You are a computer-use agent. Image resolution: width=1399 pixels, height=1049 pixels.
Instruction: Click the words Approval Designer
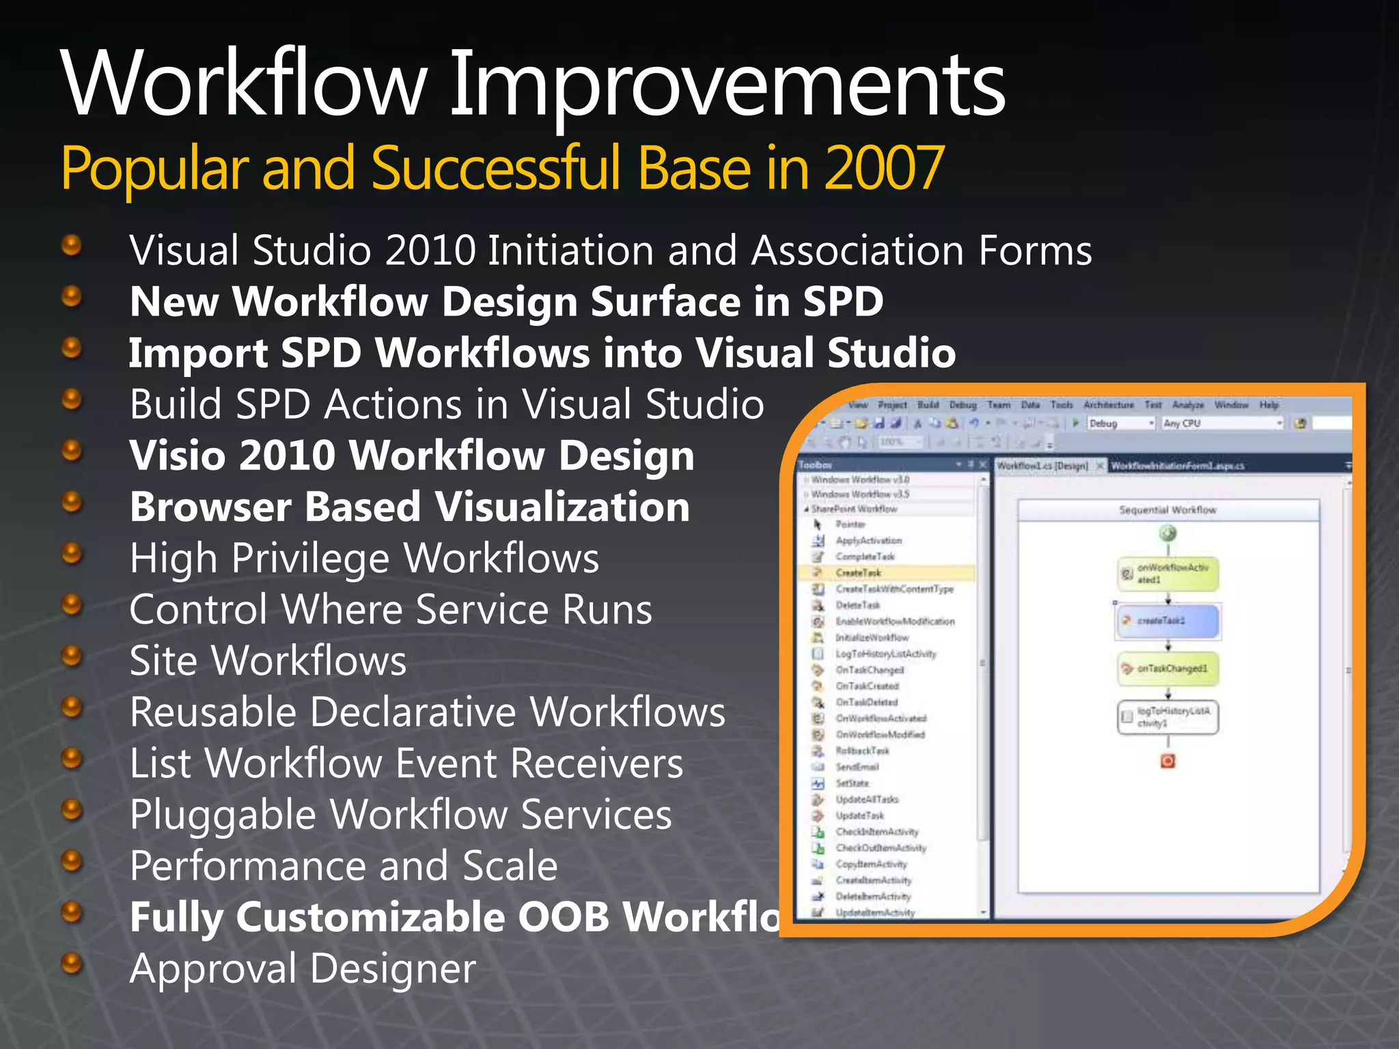coord(303,968)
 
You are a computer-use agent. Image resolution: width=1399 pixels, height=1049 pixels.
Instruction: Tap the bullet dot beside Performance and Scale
coord(72,861)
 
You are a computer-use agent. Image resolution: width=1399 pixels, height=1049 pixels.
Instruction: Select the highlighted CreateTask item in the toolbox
coord(858,573)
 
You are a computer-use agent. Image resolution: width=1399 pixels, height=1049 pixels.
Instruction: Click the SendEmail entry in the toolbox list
coord(857,767)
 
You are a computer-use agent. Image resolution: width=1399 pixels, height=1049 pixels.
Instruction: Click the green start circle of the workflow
coord(1167,533)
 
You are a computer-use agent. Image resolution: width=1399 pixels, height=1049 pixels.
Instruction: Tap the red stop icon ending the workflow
coord(1167,761)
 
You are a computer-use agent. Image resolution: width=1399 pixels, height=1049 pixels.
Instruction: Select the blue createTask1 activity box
coord(1167,621)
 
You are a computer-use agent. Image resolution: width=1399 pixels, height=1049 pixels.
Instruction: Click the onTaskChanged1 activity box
coord(1167,669)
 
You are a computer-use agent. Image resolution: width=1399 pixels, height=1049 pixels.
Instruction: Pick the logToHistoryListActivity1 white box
coord(1167,717)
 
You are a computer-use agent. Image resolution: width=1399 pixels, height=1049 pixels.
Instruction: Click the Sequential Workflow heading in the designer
coord(1167,510)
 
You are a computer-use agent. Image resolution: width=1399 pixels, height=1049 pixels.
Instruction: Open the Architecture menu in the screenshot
coord(1108,405)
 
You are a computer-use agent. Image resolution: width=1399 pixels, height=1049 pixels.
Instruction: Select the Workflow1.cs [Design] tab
coord(1042,466)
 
